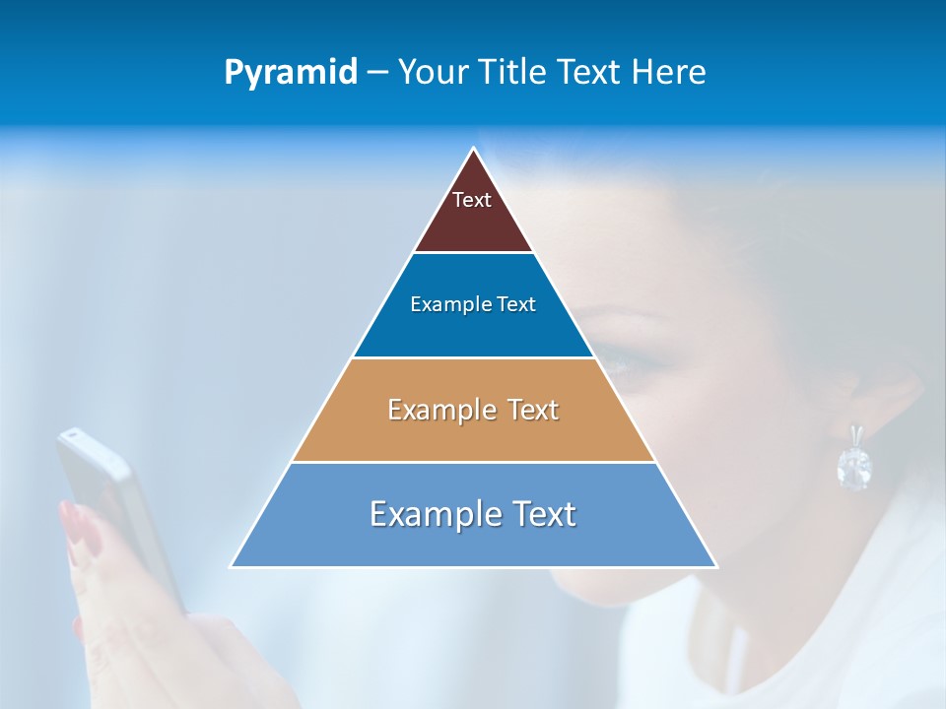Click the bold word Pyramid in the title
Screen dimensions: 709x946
coord(290,73)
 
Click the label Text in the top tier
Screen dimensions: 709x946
coord(471,200)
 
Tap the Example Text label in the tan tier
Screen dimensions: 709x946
coord(473,410)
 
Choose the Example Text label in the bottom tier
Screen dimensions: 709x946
coord(473,514)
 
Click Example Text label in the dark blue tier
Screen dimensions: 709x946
coord(473,304)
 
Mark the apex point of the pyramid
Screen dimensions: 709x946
coord(474,149)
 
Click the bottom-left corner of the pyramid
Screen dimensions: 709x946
coord(232,566)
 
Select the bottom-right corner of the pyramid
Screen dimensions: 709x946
coord(716,566)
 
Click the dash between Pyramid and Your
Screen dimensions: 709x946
coord(377,73)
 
